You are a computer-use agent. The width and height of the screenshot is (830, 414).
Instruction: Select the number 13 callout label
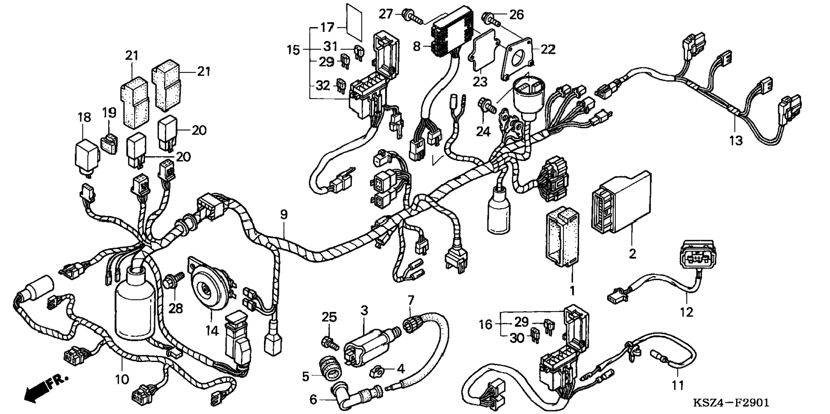pos(736,140)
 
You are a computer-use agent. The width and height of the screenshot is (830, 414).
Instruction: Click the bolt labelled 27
pos(412,17)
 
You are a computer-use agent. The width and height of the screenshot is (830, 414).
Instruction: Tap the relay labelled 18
pos(87,154)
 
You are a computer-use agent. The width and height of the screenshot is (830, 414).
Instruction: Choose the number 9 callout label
pos(284,215)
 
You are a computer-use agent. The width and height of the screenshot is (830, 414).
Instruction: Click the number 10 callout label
pos(122,379)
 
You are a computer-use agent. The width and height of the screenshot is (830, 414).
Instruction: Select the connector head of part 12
pos(698,257)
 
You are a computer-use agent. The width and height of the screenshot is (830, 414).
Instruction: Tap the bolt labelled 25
pos(330,342)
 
